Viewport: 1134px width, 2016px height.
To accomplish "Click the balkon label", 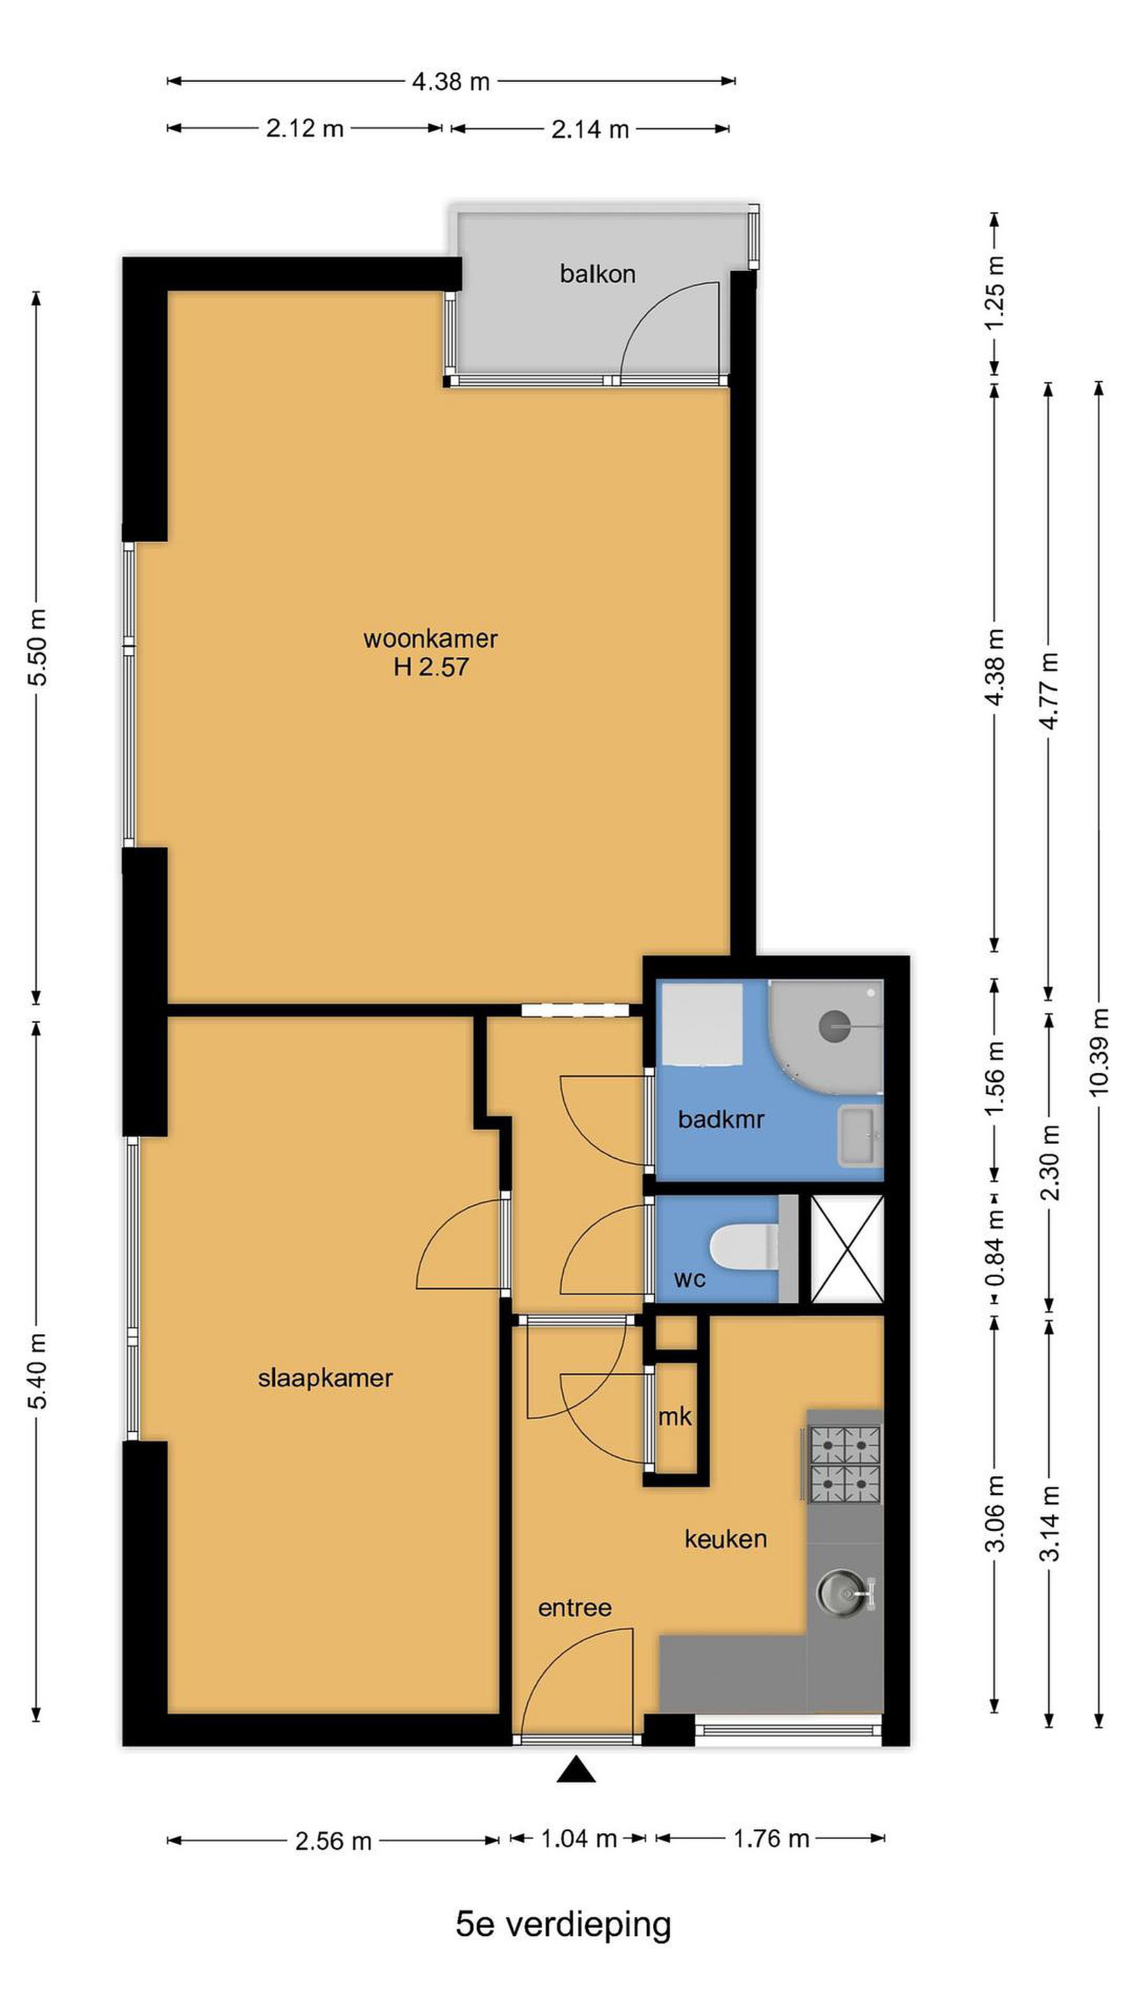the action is tap(597, 274).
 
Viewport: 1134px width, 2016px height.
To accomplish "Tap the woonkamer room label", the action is tap(430, 638).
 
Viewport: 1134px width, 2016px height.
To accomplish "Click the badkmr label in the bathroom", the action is tap(721, 1119).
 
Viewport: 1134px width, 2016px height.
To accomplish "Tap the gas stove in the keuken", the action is tap(844, 1466).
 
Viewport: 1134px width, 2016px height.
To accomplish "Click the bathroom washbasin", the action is tap(860, 1135).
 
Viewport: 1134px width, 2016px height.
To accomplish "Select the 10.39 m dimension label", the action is tap(1099, 1051).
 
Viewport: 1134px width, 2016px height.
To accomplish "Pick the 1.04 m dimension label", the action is tap(579, 1838).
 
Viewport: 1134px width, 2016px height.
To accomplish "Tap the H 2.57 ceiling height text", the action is tap(431, 668).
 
